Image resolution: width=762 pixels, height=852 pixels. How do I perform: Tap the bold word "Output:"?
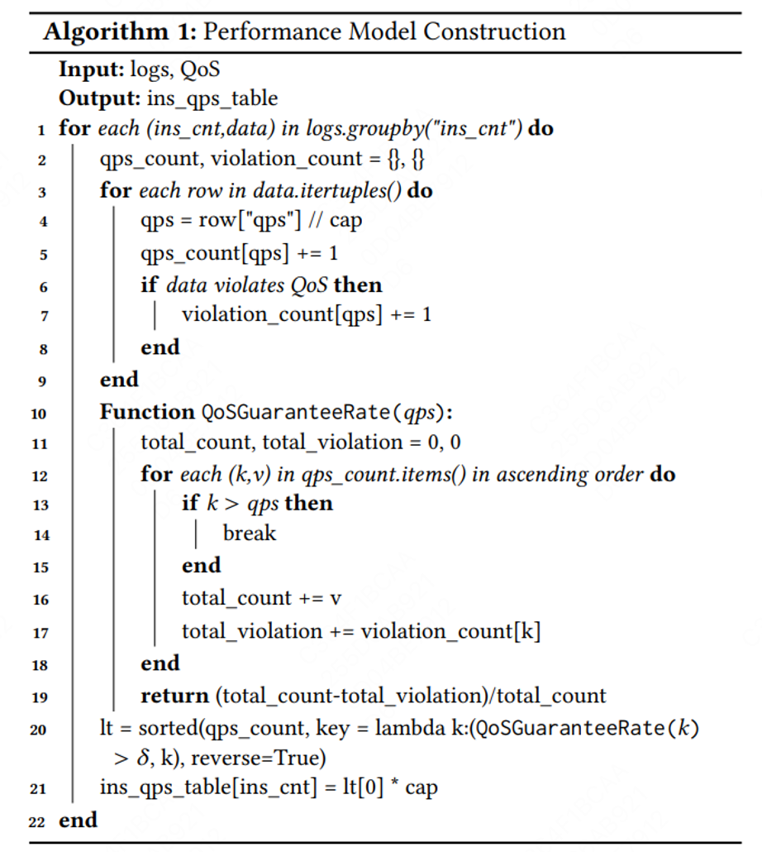pyautogui.click(x=98, y=98)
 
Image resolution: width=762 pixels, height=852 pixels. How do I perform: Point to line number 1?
pyautogui.click(x=41, y=130)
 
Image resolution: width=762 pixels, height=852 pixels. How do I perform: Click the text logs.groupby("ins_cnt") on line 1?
pyautogui.click(x=426, y=129)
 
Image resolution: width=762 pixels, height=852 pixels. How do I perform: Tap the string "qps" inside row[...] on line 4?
pyautogui.click(x=259, y=222)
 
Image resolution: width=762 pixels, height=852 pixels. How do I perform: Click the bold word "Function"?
pyautogui.click(x=147, y=412)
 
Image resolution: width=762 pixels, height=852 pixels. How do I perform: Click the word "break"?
pyautogui.click(x=250, y=534)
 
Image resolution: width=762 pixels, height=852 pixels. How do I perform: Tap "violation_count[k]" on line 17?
pyautogui.click(x=450, y=632)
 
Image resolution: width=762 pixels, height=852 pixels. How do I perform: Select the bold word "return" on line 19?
pyautogui.click(x=174, y=696)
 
